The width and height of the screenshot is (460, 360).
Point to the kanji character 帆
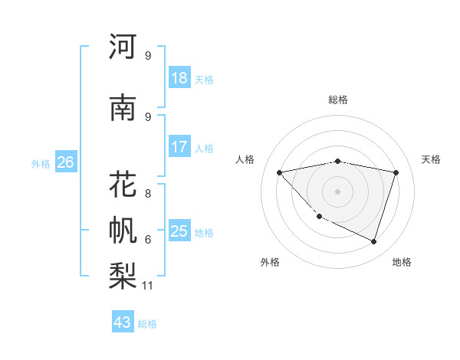click(x=123, y=230)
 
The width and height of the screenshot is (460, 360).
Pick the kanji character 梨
click(x=123, y=275)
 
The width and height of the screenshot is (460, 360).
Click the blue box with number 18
click(x=179, y=78)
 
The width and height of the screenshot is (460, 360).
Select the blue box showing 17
click(x=179, y=146)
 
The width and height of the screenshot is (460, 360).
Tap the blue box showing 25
click(x=179, y=231)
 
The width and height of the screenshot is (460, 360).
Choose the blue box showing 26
click(x=65, y=162)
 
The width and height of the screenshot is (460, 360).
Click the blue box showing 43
click(x=122, y=322)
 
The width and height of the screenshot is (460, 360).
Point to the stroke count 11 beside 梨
click(x=148, y=286)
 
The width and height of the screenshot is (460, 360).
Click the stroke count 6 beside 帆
click(x=147, y=240)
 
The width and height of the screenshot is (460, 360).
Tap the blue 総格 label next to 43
click(x=147, y=324)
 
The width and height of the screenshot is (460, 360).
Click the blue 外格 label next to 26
click(x=40, y=164)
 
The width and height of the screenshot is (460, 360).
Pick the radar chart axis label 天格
click(x=432, y=159)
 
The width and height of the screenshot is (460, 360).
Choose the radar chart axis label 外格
click(x=270, y=262)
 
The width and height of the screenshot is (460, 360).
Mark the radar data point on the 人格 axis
click(x=279, y=172)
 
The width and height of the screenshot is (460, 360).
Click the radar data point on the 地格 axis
click(x=373, y=242)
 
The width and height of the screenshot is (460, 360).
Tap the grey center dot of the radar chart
click(x=337, y=191)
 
